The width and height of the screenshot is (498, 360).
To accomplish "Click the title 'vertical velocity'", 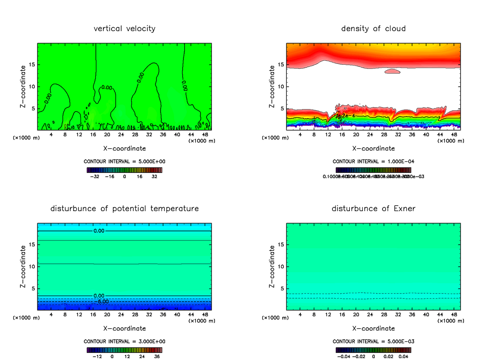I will (124, 29).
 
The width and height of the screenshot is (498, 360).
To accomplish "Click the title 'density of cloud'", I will (373, 29).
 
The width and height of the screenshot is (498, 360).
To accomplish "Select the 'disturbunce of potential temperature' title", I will (124, 208).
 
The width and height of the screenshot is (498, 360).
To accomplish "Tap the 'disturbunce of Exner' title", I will (373, 208).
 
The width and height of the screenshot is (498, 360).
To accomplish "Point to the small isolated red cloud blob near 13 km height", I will (392, 71).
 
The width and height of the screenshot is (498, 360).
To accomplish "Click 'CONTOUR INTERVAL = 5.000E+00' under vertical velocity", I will (124, 161).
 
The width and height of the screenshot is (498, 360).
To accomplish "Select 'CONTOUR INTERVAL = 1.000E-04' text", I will (373, 161).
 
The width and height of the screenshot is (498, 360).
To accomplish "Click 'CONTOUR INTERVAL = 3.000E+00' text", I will (124, 341).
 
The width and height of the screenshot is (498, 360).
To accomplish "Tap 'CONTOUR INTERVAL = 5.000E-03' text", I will (373, 341).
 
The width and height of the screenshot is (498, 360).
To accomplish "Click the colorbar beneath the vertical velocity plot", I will (124, 170).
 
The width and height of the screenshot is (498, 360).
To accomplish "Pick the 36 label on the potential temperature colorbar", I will (157, 356).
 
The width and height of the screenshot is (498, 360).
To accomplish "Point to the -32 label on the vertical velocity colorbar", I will (95, 176).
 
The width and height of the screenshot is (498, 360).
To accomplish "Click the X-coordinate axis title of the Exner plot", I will (373, 328).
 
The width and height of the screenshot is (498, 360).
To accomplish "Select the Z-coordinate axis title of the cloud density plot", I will (272, 87).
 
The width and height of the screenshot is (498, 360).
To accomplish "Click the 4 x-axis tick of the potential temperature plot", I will (51, 314).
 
